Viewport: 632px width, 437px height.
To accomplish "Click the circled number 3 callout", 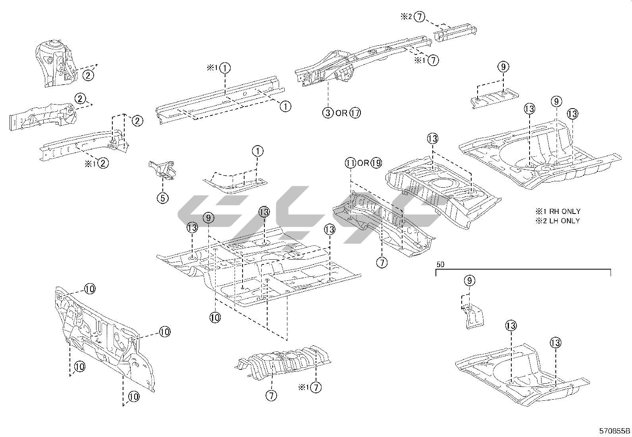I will pyautogui.click(x=328, y=113).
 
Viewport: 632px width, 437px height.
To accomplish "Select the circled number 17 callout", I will pyautogui.click(x=355, y=113).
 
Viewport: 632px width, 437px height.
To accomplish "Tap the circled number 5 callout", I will pyautogui.click(x=163, y=198).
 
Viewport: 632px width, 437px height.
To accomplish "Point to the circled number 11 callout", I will pyautogui.click(x=350, y=163).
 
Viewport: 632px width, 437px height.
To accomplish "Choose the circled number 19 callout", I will pyautogui.click(x=376, y=163).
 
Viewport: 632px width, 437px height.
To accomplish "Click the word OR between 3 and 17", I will pyautogui.click(x=341, y=113).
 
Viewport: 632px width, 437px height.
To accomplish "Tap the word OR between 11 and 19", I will pyautogui.click(x=363, y=163).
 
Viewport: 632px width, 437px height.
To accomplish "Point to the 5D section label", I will pyautogui.click(x=440, y=264).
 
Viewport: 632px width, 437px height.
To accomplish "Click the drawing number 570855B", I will pyautogui.click(x=615, y=431).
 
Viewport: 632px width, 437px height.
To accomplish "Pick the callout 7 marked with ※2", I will pyautogui.click(x=419, y=17).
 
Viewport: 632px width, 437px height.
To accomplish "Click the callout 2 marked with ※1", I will pyautogui.click(x=103, y=163).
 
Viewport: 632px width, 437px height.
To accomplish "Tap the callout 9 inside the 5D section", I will pyautogui.click(x=469, y=281).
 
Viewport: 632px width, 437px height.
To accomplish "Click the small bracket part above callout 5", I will pyautogui.click(x=163, y=169).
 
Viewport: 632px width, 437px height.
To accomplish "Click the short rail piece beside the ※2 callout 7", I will pyautogui.click(x=455, y=32).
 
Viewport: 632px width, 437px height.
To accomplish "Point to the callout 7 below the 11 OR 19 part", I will pyautogui.click(x=382, y=262).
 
